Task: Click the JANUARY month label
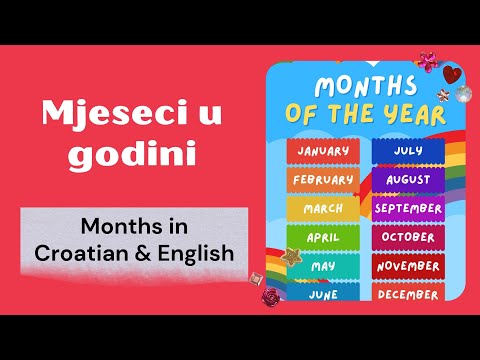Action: click(323, 152)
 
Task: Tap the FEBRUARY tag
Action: click(323, 180)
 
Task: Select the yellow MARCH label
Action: click(323, 209)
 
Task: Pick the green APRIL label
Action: click(323, 238)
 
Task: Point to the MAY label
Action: click(323, 267)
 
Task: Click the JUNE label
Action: click(323, 294)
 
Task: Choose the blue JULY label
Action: click(408, 152)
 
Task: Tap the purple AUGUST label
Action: click(408, 180)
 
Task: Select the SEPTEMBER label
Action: click(408, 209)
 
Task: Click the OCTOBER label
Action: click(408, 238)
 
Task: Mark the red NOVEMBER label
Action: click(408, 267)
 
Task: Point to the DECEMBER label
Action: click(408, 294)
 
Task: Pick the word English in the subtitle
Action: click(198, 254)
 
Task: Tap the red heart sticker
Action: click(452, 73)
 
